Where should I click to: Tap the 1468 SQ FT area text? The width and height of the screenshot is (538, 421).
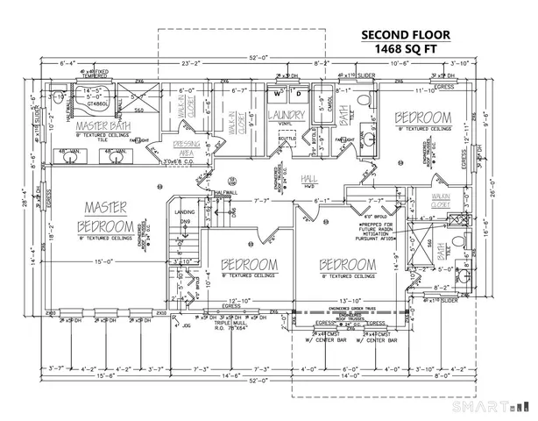click(407, 50)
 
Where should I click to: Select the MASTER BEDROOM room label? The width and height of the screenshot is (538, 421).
click(106, 216)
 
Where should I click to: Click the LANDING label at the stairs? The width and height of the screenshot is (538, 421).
click(185, 211)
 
